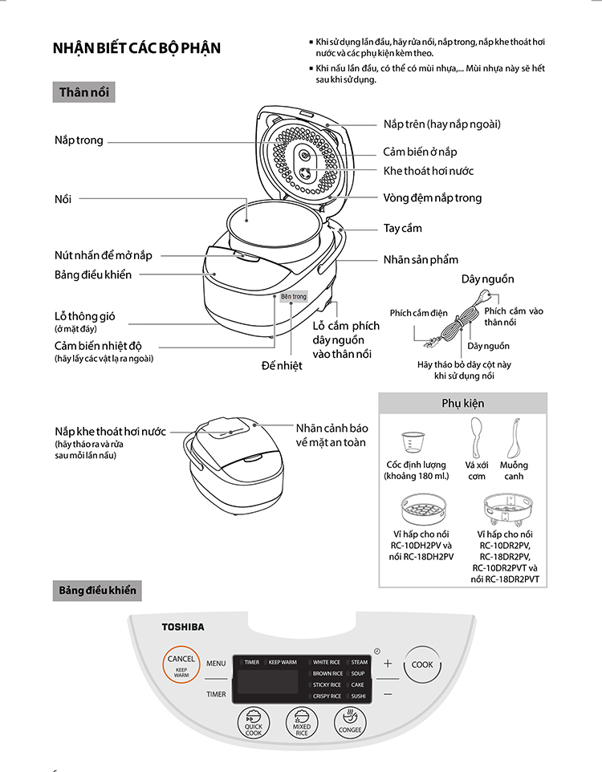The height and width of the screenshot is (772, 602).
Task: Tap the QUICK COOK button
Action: coord(254,724)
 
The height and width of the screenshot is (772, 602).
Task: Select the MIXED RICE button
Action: coord(303,724)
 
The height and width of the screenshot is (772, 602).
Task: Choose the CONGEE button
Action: coord(351,724)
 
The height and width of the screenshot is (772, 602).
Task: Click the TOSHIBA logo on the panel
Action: coord(183,626)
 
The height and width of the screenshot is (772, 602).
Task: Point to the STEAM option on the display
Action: coord(358,663)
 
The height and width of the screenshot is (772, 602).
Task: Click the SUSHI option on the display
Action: coord(358,697)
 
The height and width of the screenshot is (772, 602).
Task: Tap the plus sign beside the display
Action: coord(388,664)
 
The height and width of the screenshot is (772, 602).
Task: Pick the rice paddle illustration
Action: coord(477,437)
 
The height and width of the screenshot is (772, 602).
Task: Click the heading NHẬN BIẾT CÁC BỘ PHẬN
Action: coord(136,49)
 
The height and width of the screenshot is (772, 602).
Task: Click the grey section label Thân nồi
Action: coord(83,92)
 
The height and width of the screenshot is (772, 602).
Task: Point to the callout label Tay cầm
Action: coord(402,229)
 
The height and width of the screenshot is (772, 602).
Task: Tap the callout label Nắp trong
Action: coord(79,140)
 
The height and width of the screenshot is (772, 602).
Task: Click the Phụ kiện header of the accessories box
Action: coord(462,403)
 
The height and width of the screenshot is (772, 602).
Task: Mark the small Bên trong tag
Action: coord(293,297)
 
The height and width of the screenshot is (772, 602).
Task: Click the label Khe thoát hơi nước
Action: coord(428,171)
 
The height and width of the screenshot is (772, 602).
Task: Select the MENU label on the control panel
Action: coord(216,664)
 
